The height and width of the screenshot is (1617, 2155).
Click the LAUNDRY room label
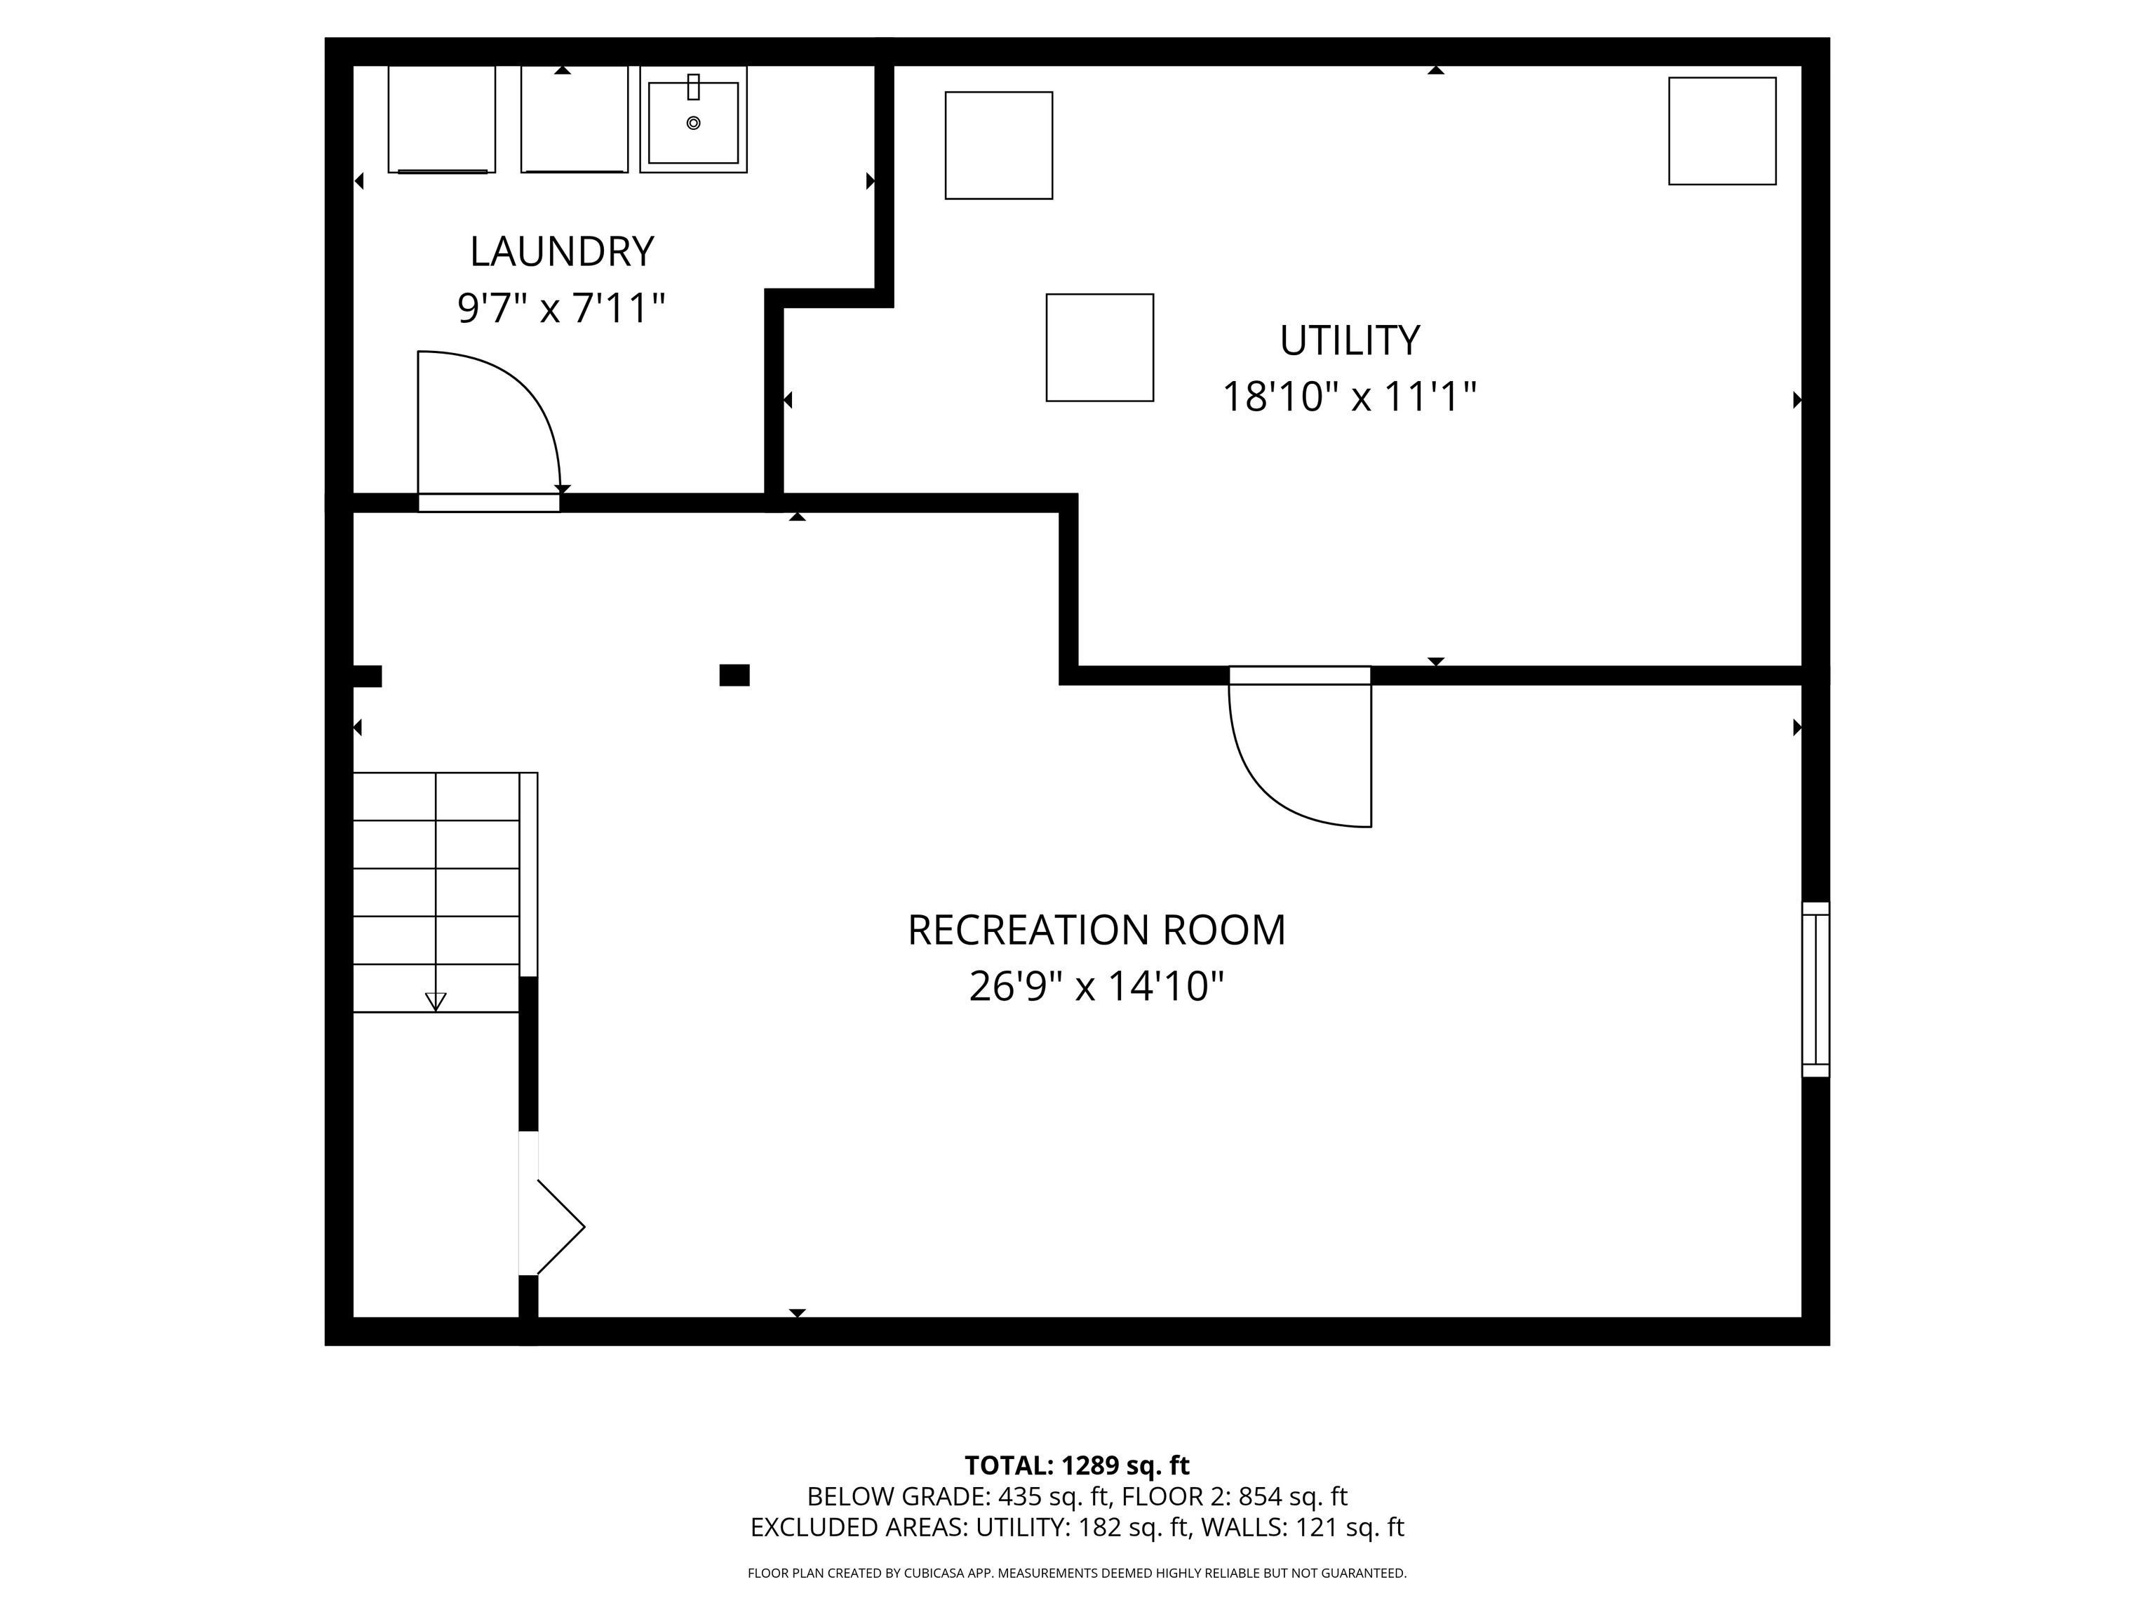pyautogui.click(x=561, y=251)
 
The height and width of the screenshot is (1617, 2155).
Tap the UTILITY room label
pyautogui.click(x=1349, y=340)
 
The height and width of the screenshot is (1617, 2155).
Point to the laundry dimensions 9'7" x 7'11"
pyautogui.click(x=561, y=308)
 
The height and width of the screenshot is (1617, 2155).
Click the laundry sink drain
pyautogui.click(x=694, y=123)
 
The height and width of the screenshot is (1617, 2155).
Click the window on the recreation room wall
pyautogui.click(x=1815, y=990)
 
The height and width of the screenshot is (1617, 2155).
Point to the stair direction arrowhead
pyautogui.click(x=436, y=1001)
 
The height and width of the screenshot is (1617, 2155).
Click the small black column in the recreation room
pyautogui.click(x=734, y=674)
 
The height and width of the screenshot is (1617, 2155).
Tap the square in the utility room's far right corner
pyautogui.click(x=1722, y=131)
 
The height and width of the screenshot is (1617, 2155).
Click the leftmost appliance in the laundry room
pyautogui.click(x=441, y=119)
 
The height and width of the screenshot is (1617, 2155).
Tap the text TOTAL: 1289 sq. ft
pyautogui.click(x=1077, y=1465)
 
